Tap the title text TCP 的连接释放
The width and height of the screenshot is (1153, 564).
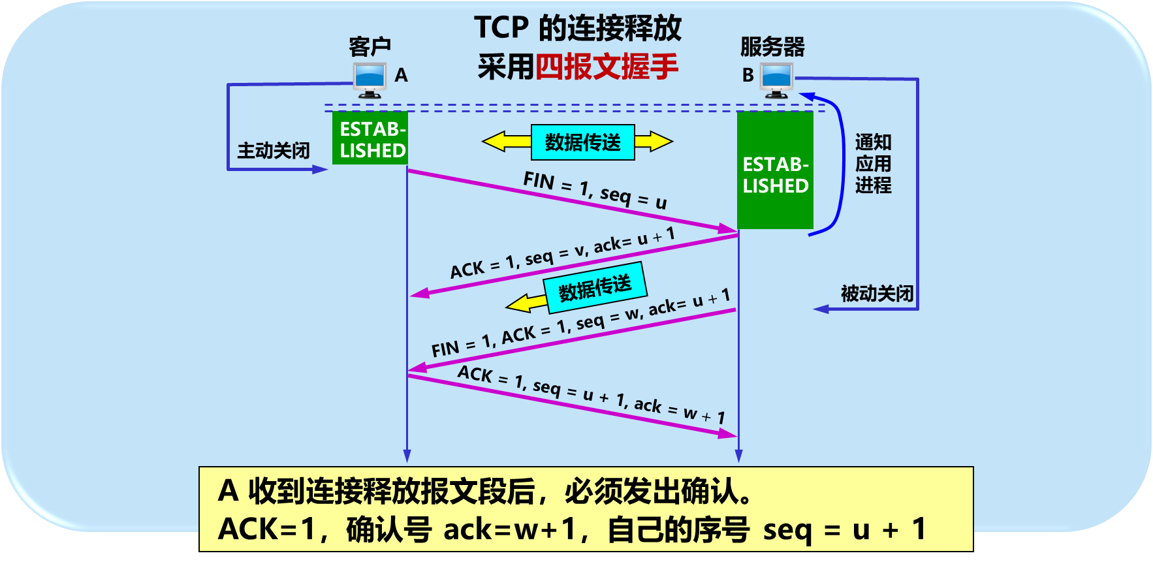tap(577, 28)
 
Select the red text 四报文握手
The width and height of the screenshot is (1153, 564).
tap(607, 67)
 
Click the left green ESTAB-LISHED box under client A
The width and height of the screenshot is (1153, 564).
tap(370, 138)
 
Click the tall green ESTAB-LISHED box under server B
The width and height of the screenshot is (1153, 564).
tap(775, 171)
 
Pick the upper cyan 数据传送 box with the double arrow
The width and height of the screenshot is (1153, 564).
tap(582, 142)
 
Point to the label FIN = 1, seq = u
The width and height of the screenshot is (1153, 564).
tap(595, 190)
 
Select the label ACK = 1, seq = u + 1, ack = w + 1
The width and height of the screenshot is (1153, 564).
tap(591, 394)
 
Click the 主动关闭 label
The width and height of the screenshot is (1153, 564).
tap(273, 151)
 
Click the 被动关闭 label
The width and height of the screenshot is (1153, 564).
tap(877, 293)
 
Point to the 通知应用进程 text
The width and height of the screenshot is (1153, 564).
tap(873, 163)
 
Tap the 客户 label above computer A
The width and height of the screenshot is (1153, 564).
tap(370, 46)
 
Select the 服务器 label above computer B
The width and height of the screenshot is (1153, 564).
tap(772, 46)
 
